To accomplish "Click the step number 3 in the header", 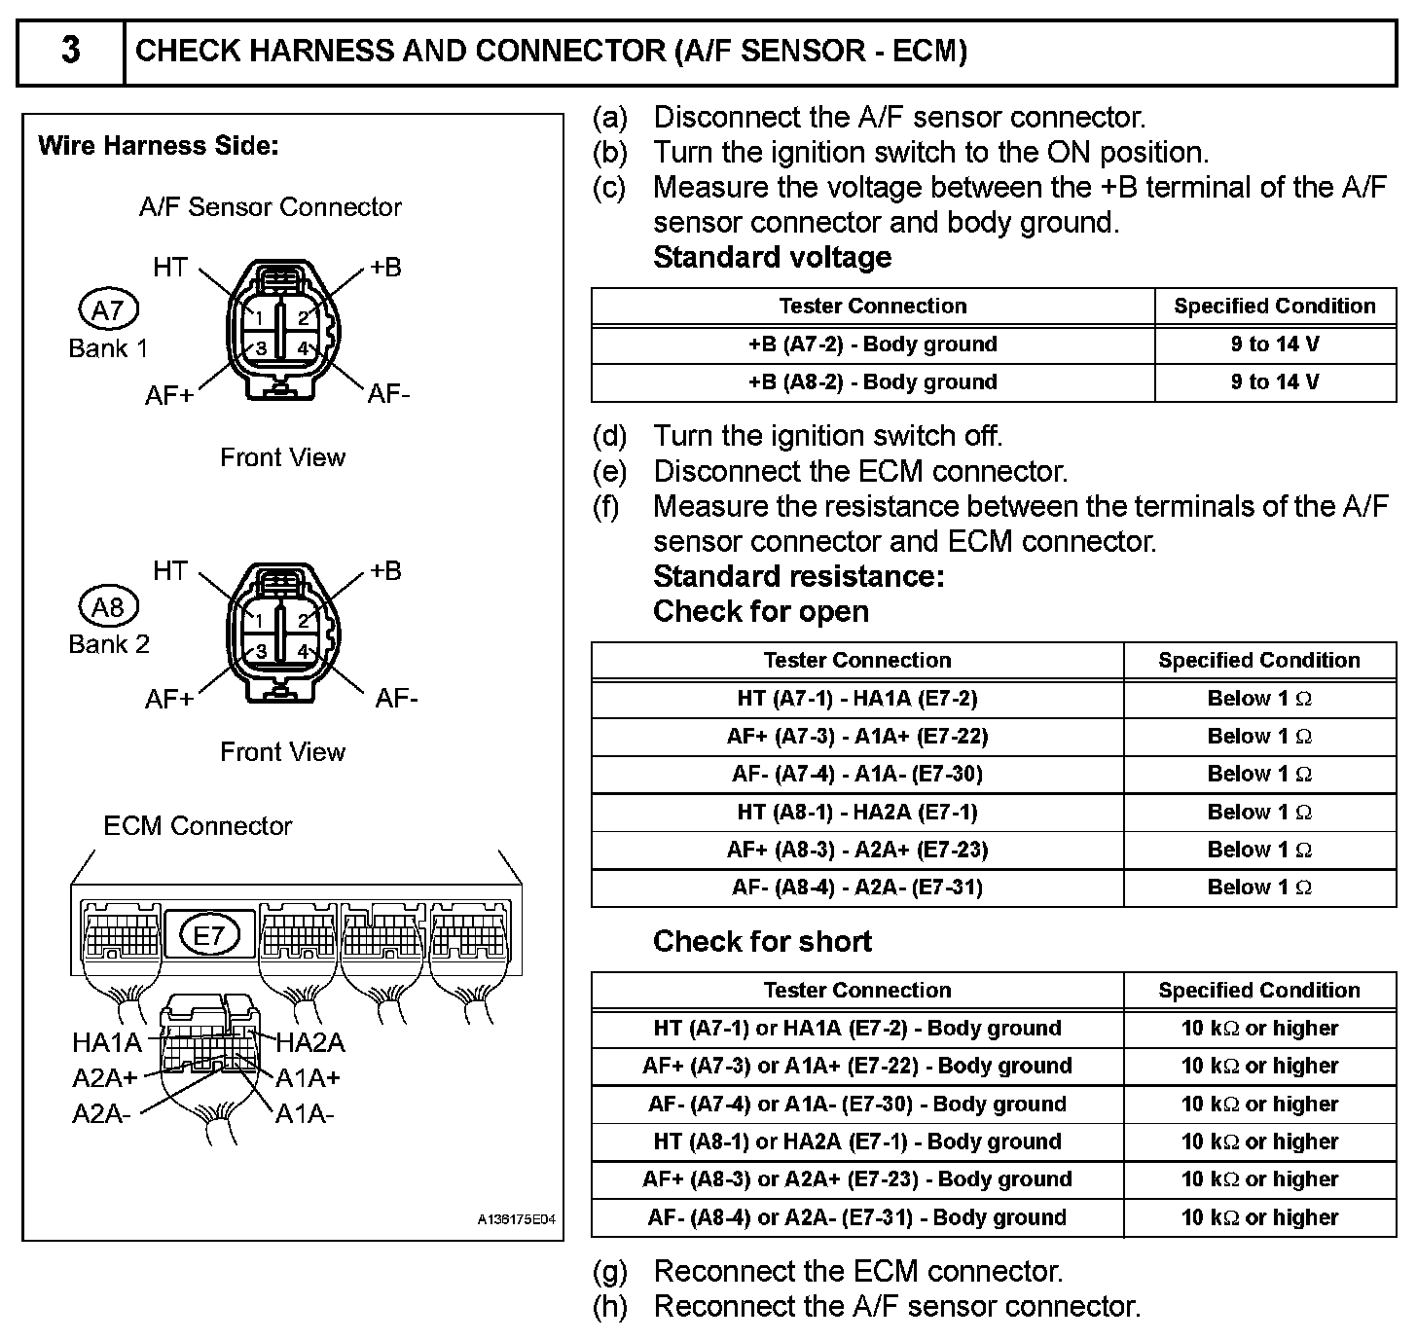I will [x=70, y=51].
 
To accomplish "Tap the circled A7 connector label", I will [x=108, y=310].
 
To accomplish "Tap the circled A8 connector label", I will [x=108, y=607].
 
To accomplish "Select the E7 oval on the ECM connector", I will [x=209, y=936].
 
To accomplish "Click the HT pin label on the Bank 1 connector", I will [x=170, y=267].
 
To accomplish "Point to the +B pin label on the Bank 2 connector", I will [x=385, y=570].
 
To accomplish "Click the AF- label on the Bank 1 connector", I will [x=389, y=393].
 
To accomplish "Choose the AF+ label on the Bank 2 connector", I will [x=169, y=699].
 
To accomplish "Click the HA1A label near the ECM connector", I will [x=107, y=1043].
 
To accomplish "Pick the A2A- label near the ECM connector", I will [x=101, y=1113].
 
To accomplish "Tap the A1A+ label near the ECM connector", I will [x=308, y=1078].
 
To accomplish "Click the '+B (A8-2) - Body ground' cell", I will [x=872, y=382].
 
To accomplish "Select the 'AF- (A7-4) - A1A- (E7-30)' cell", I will [x=856, y=775].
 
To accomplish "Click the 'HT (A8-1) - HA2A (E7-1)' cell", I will [x=856, y=813].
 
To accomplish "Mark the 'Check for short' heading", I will [x=762, y=941].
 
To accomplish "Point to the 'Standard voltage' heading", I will [x=772, y=257].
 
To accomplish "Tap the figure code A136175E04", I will [x=516, y=1219].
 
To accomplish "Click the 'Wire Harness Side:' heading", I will [x=159, y=146].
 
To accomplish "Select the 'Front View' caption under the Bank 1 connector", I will [x=282, y=457].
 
